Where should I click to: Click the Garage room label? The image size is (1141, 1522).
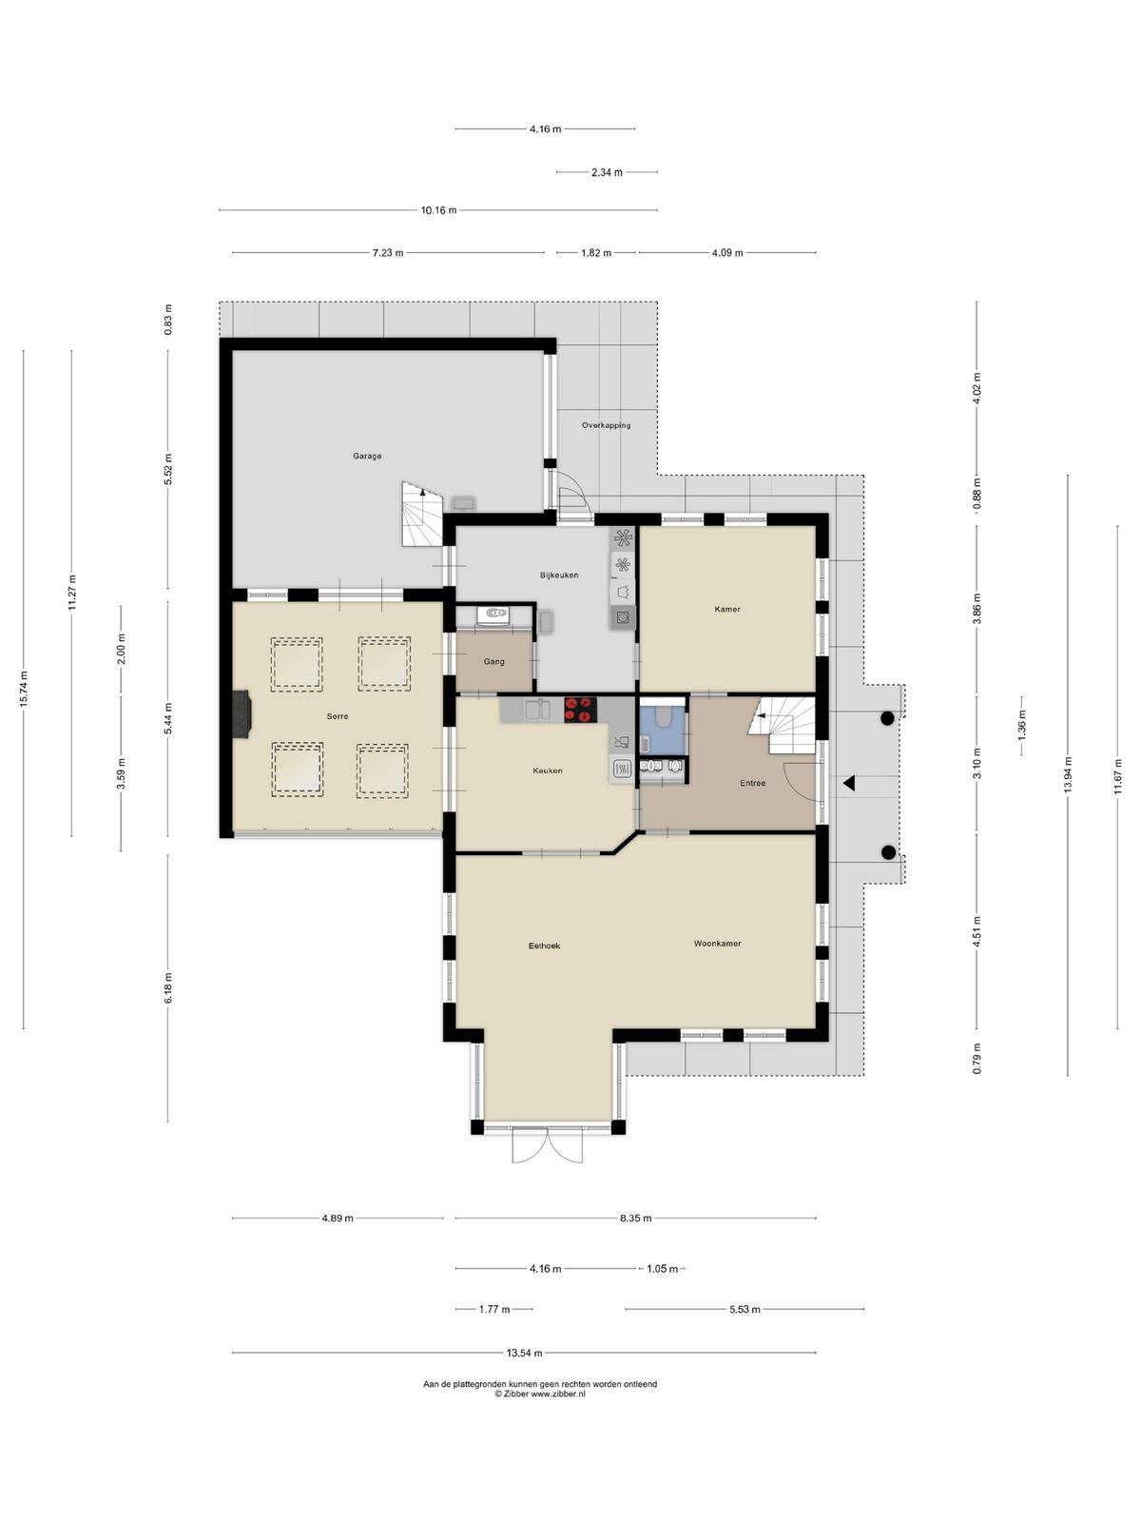pyautogui.click(x=366, y=457)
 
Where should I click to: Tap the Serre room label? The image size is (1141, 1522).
pyautogui.click(x=338, y=716)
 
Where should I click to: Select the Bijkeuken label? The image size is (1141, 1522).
pyautogui.click(x=559, y=575)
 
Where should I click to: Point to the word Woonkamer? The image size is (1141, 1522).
pyautogui.click(x=717, y=943)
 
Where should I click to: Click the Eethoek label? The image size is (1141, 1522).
pyautogui.click(x=544, y=946)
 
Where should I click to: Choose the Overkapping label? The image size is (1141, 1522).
pyautogui.click(x=607, y=425)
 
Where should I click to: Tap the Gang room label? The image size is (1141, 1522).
pyautogui.click(x=493, y=661)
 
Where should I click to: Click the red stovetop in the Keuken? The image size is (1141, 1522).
pyautogui.click(x=581, y=710)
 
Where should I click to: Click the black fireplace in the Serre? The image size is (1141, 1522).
pyautogui.click(x=242, y=714)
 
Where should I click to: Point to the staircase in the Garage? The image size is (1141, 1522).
pyautogui.click(x=422, y=514)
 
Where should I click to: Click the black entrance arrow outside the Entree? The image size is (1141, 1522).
pyautogui.click(x=849, y=784)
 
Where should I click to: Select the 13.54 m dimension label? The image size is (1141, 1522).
pyautogui.click(x=524, y=1352)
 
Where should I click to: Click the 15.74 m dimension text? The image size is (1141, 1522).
pyautogui.click(x=25, y=690)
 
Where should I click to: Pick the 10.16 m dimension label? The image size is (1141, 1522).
pyautogui.click(x=438, y=210)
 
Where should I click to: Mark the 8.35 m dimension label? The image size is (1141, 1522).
pyautogui.click(x=635, y=1218)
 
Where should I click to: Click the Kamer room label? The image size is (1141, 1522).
pyautogui.click(x=726, y=609)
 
